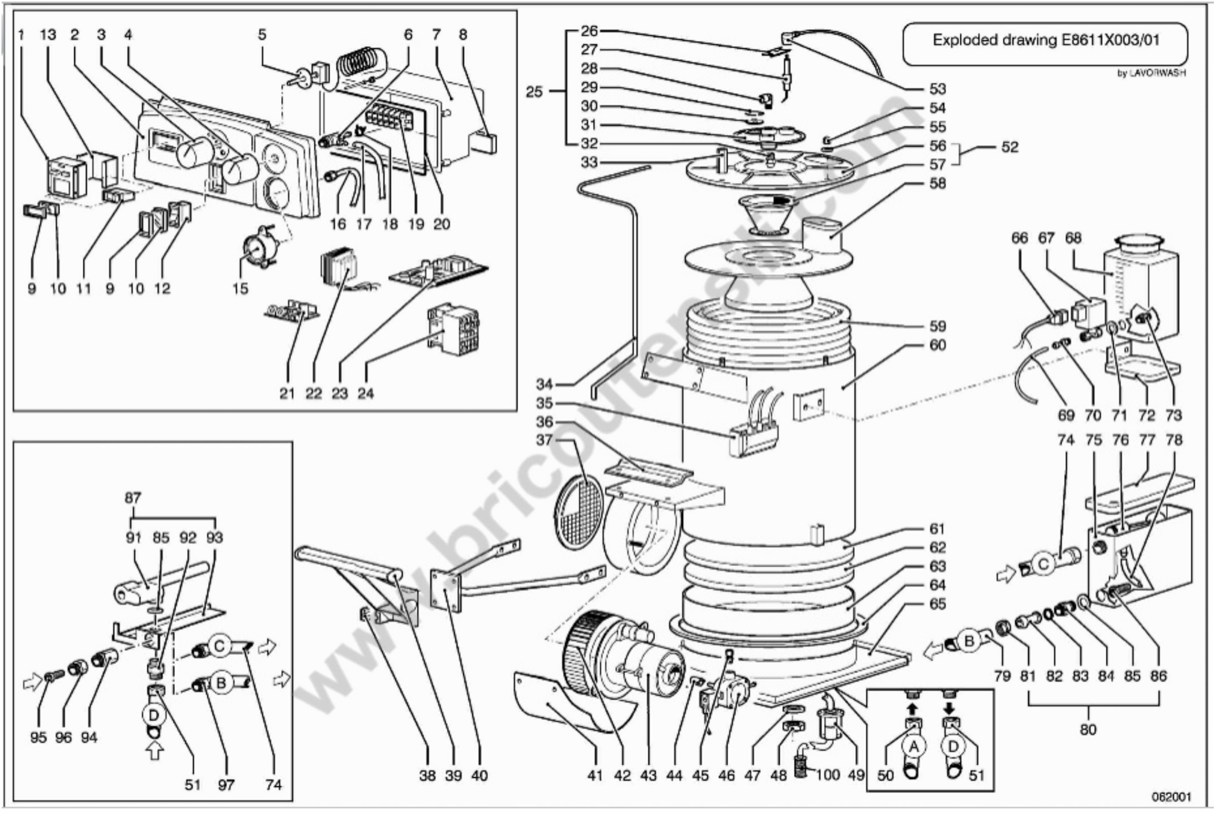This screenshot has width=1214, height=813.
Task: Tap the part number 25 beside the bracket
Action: (x=534, y=92)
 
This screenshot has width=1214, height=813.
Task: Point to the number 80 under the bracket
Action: (x=1088, y=730)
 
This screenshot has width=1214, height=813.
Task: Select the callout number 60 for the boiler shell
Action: (x=938, y=345)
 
